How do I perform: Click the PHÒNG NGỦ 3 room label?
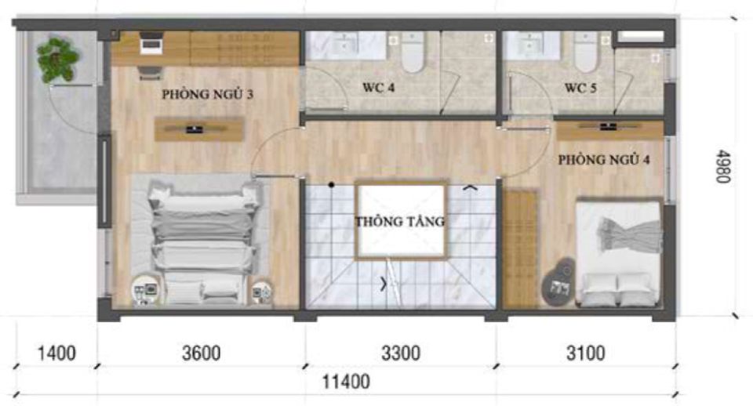tap(207, 94)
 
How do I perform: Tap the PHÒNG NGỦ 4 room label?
tap(604, 159)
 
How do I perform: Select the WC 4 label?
tap(378, 88)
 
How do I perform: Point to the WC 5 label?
tap(580, 88)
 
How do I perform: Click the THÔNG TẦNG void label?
tap(400, 221)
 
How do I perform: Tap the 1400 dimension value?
tap(56, 353)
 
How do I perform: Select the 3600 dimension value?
tap(202, 353)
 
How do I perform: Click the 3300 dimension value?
tap(401, 353)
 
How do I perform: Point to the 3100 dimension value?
tap(585, 353)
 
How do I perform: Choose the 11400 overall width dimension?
tap(346, 382)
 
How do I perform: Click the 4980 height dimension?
tap(722, 166)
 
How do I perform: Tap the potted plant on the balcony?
tap(57, 60)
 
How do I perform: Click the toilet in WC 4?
tap(413, 52)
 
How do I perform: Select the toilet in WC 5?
tap(586, 52)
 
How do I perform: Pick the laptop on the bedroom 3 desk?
tap(151, 42)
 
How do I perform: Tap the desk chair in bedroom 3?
tap(149, 73)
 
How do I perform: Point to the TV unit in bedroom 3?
tap(198, 129)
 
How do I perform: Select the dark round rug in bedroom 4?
tap(559, 283)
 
